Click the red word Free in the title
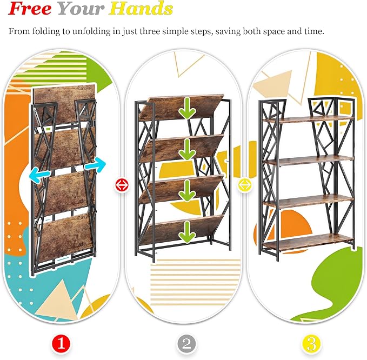pos(30,9)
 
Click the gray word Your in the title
pos(81,9)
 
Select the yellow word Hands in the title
pos(141,9)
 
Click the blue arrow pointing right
pos(95,164)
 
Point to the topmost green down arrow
pos(187,108)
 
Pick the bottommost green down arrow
pos(187,232)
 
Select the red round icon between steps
pos(122,185)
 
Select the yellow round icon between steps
pos(245,185)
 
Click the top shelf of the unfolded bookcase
pos(308,119)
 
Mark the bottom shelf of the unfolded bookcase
pos(308,243)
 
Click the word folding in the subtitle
pos(46,31)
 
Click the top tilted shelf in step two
pos(182,108)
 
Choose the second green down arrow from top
pos(187,149)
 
